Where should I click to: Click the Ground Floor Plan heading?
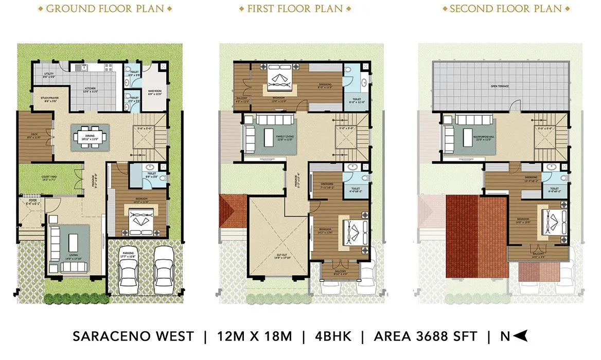105,9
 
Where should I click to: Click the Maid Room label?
155,93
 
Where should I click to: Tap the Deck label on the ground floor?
33,136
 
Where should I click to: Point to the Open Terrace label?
499,86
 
